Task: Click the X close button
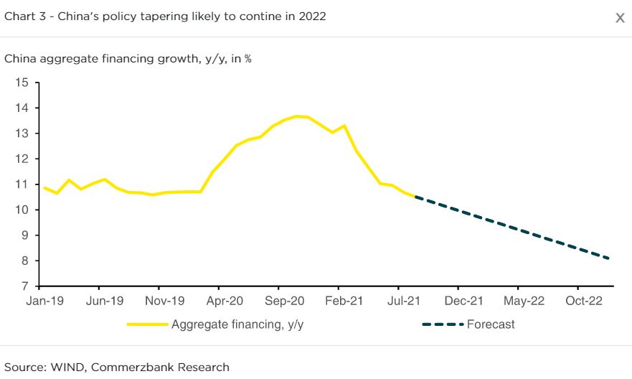pos(620,18)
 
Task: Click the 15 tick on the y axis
pos(22,83)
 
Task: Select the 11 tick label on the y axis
pos(22,184)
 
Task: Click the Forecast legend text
pos(491,324)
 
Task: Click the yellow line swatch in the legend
pos(147,324)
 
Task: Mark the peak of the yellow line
pos(296,116)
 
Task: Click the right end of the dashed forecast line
pos(609,258)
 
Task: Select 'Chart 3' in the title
pos(24,16)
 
